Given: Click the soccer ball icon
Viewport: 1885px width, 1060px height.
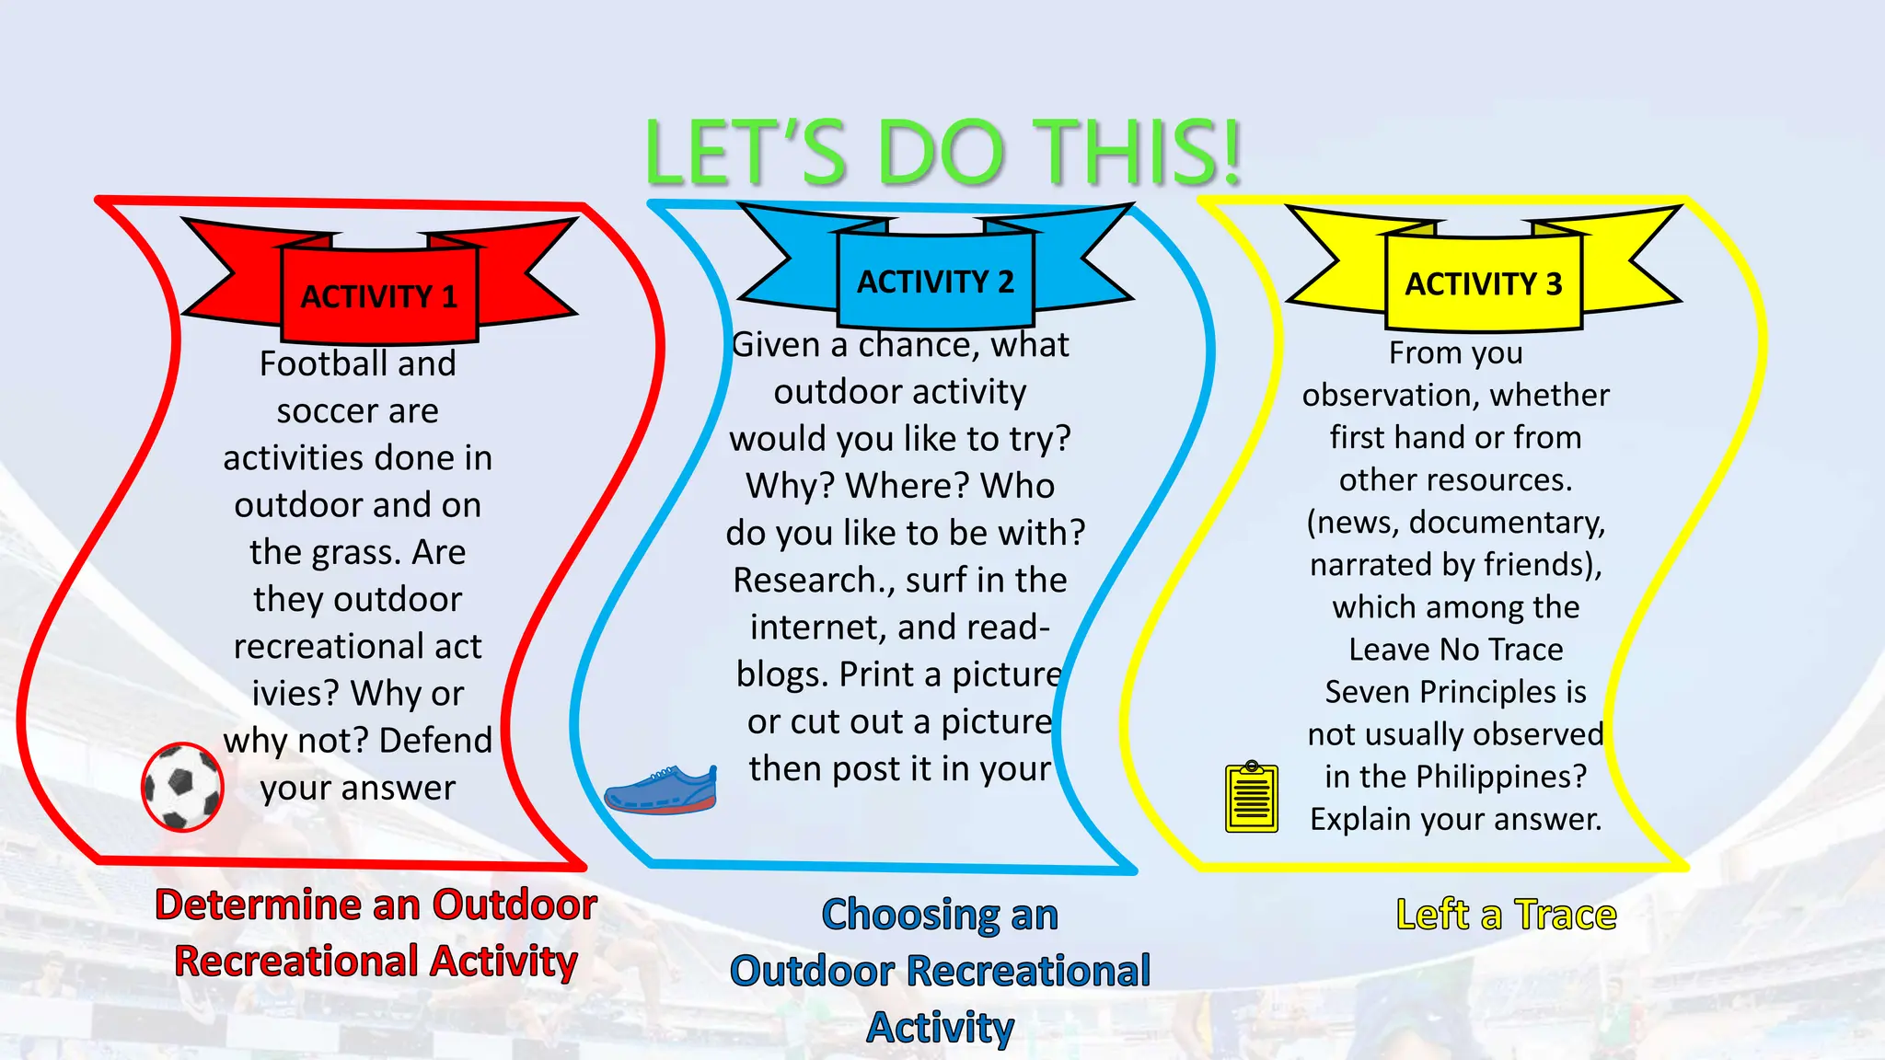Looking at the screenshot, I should (182, 787).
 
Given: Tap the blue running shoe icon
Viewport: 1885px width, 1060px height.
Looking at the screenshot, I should (661, 789).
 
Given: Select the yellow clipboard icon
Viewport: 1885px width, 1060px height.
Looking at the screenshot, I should (1252, 797).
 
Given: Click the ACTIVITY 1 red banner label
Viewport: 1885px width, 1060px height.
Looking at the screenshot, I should (379, 296).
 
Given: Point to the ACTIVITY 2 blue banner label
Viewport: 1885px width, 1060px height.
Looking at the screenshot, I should (935, 282).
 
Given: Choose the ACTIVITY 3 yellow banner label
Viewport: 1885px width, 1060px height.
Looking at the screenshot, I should (1483, 284).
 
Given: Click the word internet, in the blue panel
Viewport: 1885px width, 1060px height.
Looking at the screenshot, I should (818, 628).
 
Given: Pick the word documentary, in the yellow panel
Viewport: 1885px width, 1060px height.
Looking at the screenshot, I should (1507, 523).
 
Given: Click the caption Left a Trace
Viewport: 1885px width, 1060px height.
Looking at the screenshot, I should (1506, 915).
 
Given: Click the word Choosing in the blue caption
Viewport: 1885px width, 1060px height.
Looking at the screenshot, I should (909, 915).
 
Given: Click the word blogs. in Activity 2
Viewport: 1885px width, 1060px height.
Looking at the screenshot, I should (782, 674).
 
